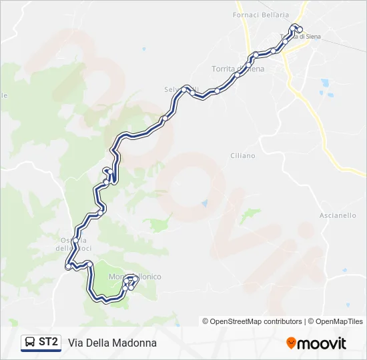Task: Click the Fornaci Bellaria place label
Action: tap(261, 15)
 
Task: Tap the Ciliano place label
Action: tap(242, 155)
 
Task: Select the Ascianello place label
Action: tap(338, 215)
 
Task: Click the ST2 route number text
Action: tap(49, 342)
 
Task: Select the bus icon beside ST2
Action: tap(31, 343)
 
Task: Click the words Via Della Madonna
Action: tap(112, 343)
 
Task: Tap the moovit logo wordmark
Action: tap(322, 343)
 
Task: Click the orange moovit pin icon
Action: tap(291, 343)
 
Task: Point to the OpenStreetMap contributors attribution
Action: tap(252, 321)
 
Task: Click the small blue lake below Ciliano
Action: tap(204, 203)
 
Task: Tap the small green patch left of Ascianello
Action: tap(250, 214)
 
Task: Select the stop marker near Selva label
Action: tap(194, 93)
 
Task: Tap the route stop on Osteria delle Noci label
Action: tap(76, 241)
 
